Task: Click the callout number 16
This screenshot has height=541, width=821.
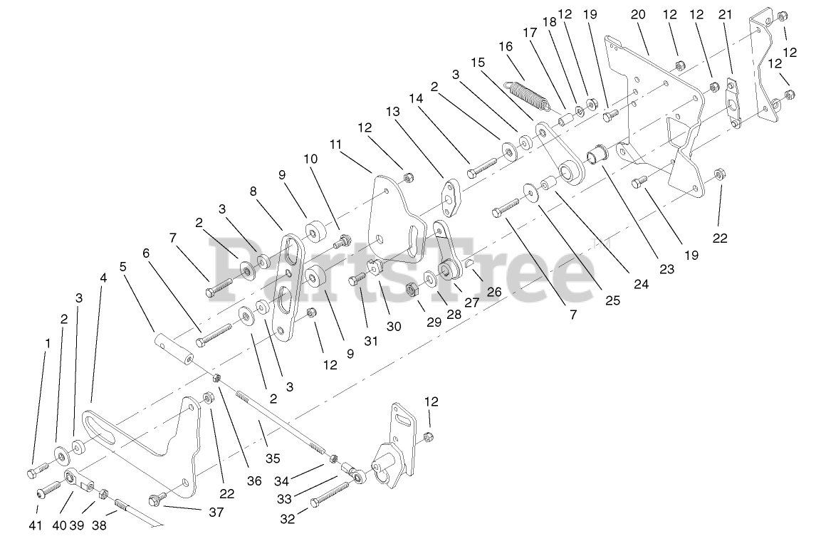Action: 506,46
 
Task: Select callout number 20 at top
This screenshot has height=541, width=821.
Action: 637,14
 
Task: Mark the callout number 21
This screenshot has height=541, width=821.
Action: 726,14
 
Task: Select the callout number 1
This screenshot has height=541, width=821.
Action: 47,343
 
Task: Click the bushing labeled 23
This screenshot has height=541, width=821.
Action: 595,154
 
